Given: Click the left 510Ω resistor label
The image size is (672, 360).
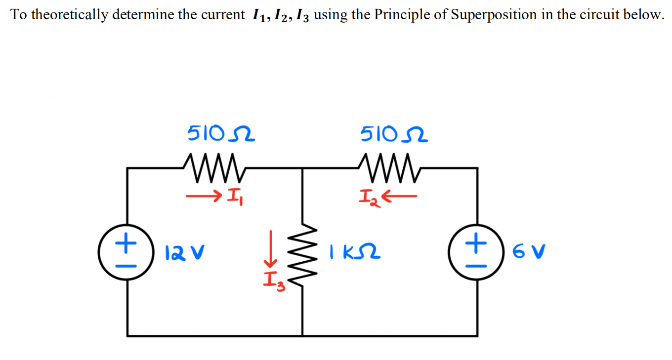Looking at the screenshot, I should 221,133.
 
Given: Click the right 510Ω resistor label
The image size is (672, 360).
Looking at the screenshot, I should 394,133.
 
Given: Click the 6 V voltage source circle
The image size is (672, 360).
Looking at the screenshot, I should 476,253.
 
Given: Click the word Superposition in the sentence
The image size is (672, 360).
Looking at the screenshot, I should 483,14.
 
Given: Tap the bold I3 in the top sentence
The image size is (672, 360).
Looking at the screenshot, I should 303,15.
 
